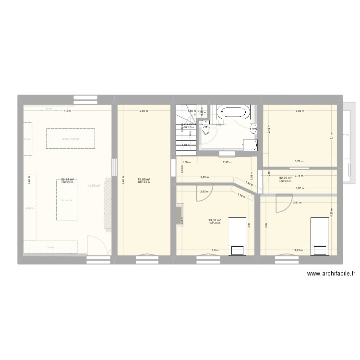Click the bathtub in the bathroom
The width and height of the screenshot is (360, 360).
[x=233, y=113]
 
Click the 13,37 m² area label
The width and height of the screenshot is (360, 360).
[x=215, y=220]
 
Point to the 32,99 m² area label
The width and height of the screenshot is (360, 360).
[x=286, y=178]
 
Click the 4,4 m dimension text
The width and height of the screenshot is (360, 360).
[x=67, y=111]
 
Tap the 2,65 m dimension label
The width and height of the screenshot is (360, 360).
[x=144, y=111]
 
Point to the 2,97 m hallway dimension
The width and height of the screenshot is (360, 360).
[x=227, y=162]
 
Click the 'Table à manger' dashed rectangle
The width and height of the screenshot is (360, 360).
[x=70, y=139]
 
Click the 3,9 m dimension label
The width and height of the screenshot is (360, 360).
[x=215, y=250]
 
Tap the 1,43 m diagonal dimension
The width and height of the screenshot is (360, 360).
[x=248, y=183]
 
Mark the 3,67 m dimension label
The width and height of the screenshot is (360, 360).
[x=299, y=188]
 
